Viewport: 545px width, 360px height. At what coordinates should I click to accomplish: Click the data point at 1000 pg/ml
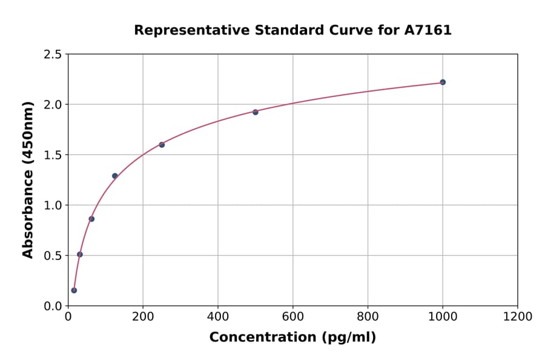pyautogui.click(x=443, y=82)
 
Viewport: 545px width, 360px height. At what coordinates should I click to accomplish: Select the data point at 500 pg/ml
pyautogui.click(x=256, y=112)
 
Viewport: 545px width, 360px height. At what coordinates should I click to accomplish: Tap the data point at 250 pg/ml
pyautogui.click(x=162, y=144)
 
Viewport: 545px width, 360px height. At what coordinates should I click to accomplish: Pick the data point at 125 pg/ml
pyautogui.click(x=115, y=176)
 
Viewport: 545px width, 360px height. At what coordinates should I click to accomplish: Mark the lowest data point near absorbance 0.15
pyautogui.click(x=74, y=290)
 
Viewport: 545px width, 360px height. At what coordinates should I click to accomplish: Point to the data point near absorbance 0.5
pyautogui.click(x=80, y=255)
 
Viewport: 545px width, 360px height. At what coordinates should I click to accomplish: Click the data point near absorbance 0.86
pyautogui.click(x=91, y=219)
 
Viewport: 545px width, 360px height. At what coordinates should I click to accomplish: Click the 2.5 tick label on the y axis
pyautogui.click(x=53, y=55)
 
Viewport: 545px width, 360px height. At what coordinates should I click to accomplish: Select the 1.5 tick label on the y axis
pyautogui.click(x=53, y=155)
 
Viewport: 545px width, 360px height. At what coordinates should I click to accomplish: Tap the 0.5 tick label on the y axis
pyautogui.click(x=53, y=256)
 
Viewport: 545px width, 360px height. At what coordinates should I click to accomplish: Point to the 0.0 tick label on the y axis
pyautogui.click(x=53, y=306)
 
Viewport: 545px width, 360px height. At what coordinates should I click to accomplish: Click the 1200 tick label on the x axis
pyautogui.click(x=518, y=317)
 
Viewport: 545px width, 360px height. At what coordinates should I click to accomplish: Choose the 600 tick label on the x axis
pyautogui.click(x=293, y=317)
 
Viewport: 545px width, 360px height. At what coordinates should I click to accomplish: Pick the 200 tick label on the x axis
pyautogui.click(x=143, y=317)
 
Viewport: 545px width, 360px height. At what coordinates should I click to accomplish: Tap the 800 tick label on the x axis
pyautogui.click(x=368, y=317)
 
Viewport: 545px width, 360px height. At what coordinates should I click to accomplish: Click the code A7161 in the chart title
pyautogui.click(x=428, y=30)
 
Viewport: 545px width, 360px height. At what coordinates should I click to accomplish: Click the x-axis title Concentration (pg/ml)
pyautogui.click(x=292, y=338)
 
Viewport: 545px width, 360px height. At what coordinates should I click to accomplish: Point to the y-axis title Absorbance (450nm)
pyautogui.click(x=28, y=179)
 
